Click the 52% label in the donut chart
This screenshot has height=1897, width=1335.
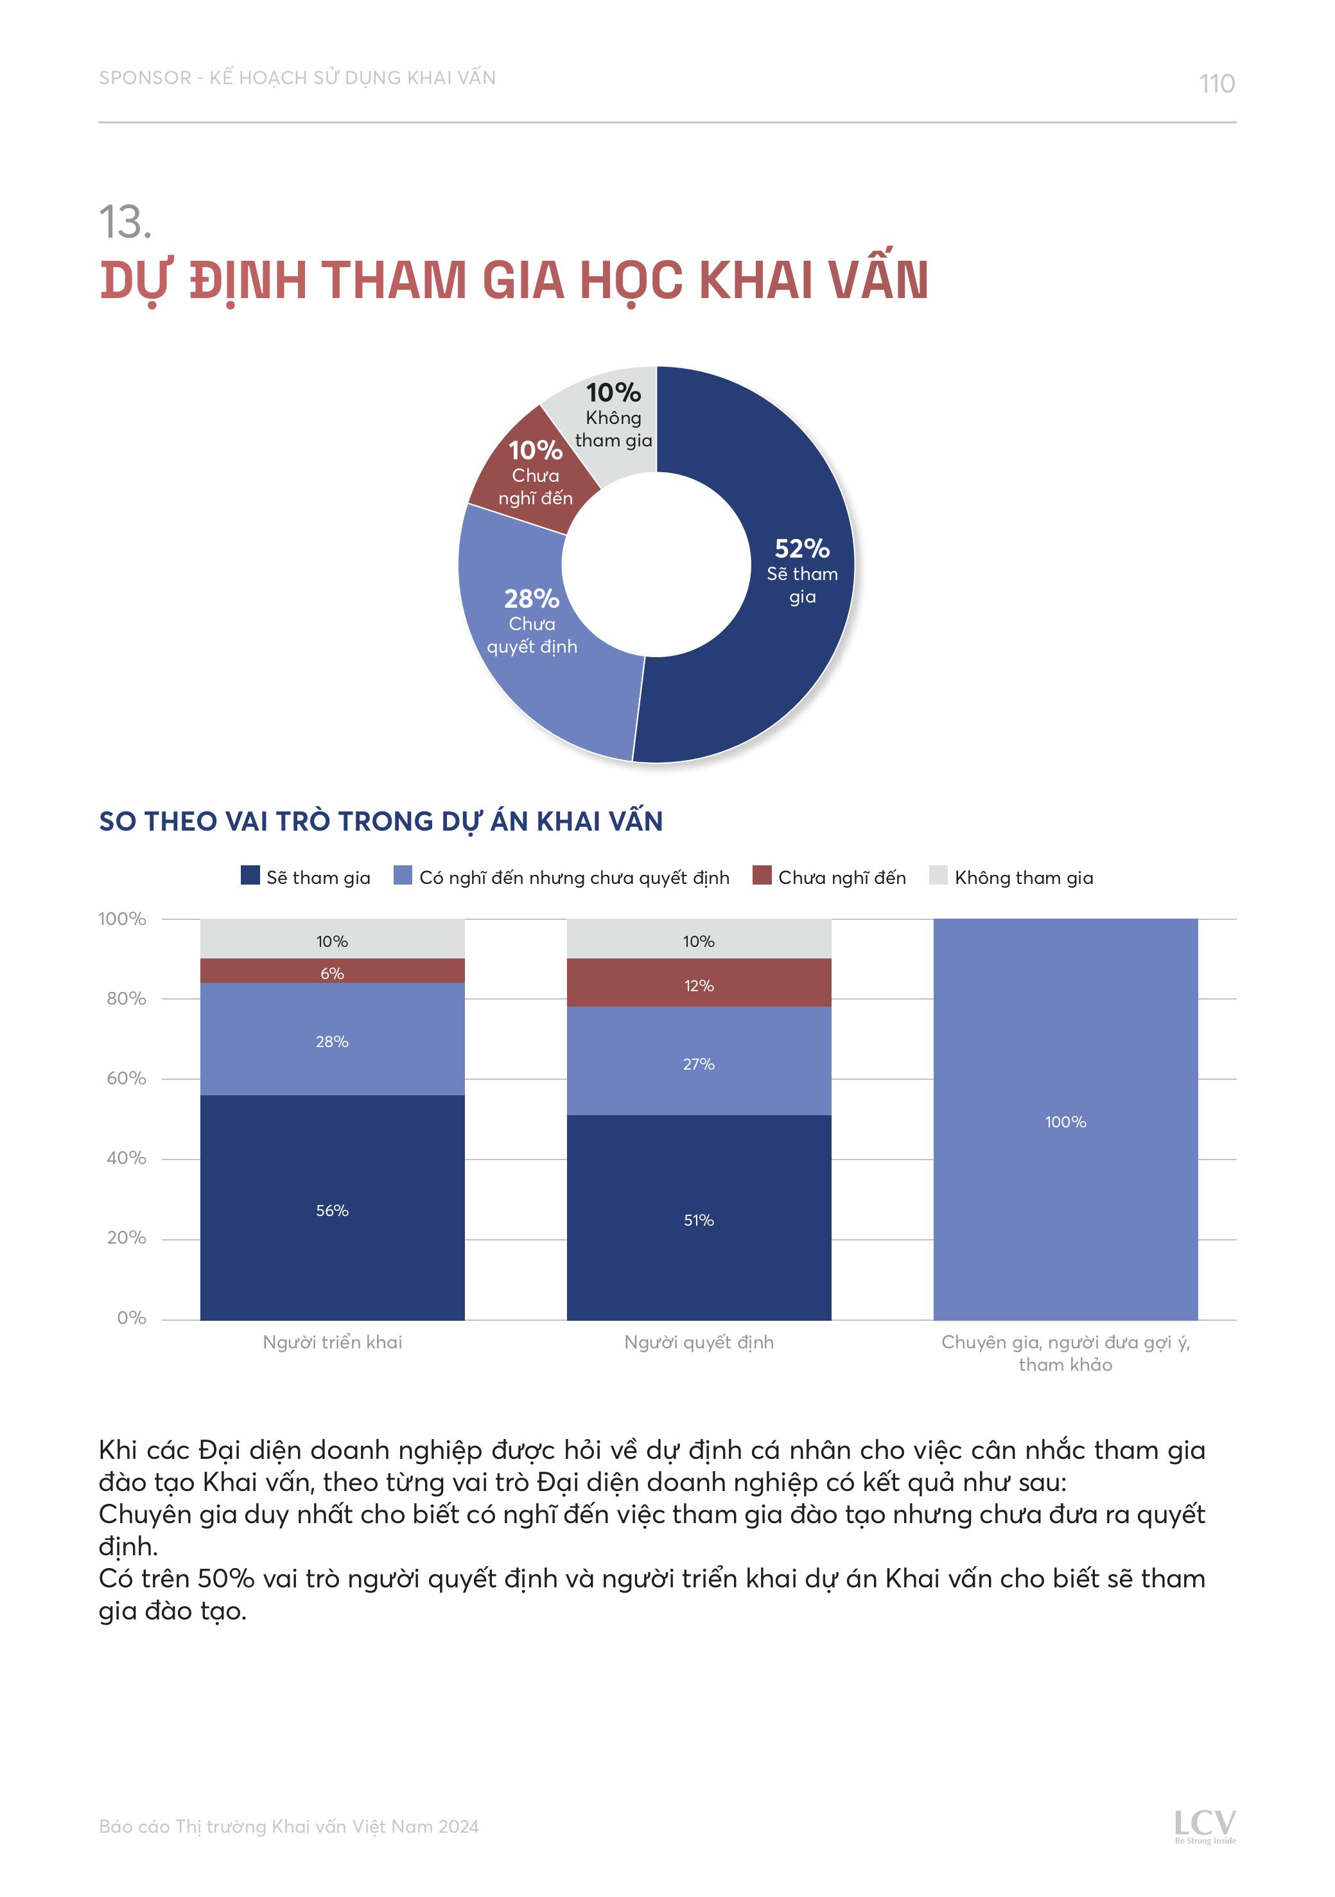coord(801,549)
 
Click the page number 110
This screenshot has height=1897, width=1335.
coord(1216,84)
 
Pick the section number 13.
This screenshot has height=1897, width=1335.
coord(125,222)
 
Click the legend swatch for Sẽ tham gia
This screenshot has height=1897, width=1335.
coord(250,875)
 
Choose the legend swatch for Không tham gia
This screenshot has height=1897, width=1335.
coord(938,875)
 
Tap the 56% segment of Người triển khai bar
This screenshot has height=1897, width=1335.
coord(332,1210)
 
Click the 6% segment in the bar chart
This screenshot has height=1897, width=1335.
coord(332,973)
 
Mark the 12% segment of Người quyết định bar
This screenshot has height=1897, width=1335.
coord(698,985)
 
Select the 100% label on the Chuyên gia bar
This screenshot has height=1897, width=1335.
coord(1065,1122)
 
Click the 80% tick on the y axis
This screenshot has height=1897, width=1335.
coord(126,998)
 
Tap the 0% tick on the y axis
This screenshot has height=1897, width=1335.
coord(132,1318)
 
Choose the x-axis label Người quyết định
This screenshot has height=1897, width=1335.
coord(699,1343)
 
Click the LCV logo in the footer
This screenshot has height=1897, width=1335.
coord(1205,1824)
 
